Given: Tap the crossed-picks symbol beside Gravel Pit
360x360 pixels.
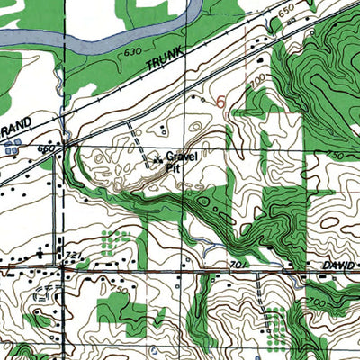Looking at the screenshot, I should click(x=158, y=161).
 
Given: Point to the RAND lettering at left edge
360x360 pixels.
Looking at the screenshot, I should click(x=16, y=122).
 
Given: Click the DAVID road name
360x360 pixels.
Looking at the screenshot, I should click(x=337, y=266).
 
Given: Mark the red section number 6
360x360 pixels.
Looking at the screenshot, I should click(x=220, y=103).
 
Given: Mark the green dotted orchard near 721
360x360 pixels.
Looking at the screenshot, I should click(x=112, y=240).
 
